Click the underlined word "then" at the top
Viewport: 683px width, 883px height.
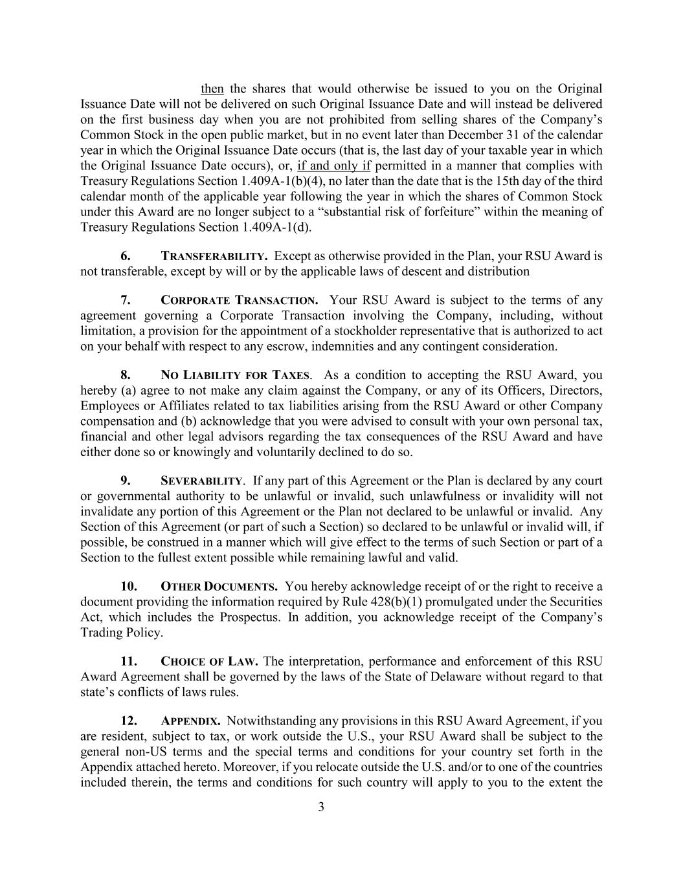click(x=212, y=89)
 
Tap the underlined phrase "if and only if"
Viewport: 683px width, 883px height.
click(x=333, y=166)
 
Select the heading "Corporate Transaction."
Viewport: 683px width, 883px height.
click(x=239, y=300)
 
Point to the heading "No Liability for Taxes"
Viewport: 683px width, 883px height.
click(x=235, y=375)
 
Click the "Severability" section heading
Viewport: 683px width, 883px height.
click(x=201, y=481)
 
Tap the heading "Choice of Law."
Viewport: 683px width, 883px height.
click(x=209, y=662)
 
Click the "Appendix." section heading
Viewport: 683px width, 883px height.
click(x=190, y=721)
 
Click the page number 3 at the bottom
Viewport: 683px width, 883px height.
click(x=321, y=807)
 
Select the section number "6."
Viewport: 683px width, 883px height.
click(x=126, y=256)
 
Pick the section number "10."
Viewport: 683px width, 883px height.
click(x=129, y=587)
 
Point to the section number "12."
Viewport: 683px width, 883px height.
click(x=129, y=721)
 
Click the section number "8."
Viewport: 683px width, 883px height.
click(x=126, y=375)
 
